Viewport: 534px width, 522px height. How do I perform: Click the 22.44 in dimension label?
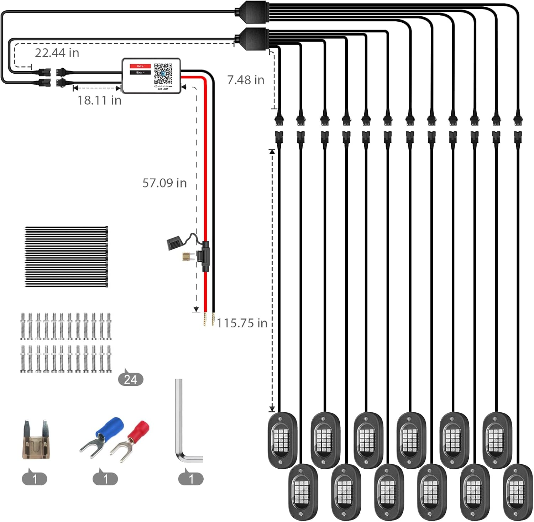point(57,53)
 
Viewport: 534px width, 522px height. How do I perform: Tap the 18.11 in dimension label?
point(99,100)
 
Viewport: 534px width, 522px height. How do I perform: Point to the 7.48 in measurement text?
point(246,80)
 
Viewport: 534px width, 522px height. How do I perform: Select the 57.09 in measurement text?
point(164,183)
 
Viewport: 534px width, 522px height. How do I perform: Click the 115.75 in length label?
point(242,323)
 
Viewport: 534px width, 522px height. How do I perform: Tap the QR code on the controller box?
point(163,73)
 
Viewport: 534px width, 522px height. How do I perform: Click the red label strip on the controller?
point(140,66)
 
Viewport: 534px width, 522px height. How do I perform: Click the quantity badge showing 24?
point(131,379)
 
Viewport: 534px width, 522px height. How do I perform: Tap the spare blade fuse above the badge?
point(36,441)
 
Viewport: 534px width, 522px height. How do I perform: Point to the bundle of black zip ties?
point(66,257)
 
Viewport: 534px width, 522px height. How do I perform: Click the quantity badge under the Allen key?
point(191,479)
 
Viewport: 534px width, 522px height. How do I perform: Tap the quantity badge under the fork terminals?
point(105,479)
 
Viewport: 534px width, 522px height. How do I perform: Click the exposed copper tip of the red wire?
point(205,319)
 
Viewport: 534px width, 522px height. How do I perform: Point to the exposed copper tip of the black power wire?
point(213,319)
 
